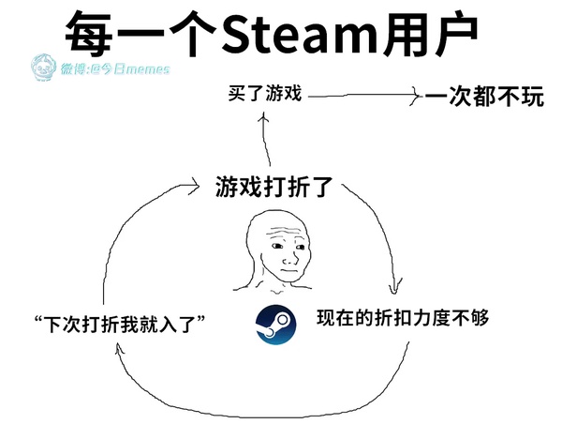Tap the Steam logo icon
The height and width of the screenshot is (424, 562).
point(276,325)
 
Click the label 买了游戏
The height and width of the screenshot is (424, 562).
point(264,93)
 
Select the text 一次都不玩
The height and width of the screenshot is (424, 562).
point(484,97)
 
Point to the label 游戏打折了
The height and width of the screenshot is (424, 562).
point(274,187)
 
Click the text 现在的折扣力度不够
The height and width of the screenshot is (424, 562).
point(403,318)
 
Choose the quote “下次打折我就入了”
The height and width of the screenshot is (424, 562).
point(119,325)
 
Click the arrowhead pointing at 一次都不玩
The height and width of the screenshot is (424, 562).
point(416,96)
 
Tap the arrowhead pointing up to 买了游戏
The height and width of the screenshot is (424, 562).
point(264,118)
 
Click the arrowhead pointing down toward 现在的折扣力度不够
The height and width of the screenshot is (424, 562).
point(394,287)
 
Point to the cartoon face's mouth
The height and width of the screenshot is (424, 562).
point(288,270)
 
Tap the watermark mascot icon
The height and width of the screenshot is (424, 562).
point(43,67)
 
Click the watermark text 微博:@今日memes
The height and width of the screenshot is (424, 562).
point(114,68)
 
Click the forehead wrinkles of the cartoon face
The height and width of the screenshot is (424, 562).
point(285,231)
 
